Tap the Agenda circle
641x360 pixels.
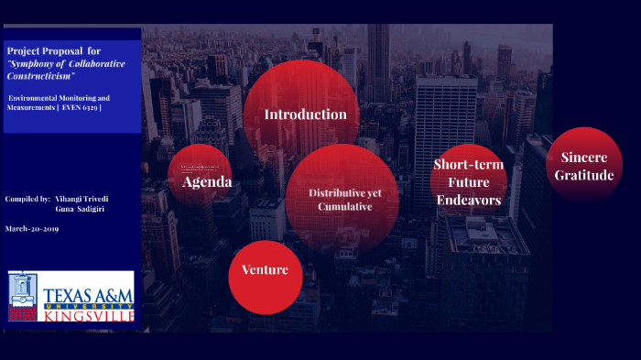point(201,176)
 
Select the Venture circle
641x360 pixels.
point(265,276)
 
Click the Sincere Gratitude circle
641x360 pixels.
point(584,166)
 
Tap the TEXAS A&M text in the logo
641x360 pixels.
point(88,295)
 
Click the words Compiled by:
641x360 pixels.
point(27,198)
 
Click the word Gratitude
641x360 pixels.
point(584,174)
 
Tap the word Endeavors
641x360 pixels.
point(468,199)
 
